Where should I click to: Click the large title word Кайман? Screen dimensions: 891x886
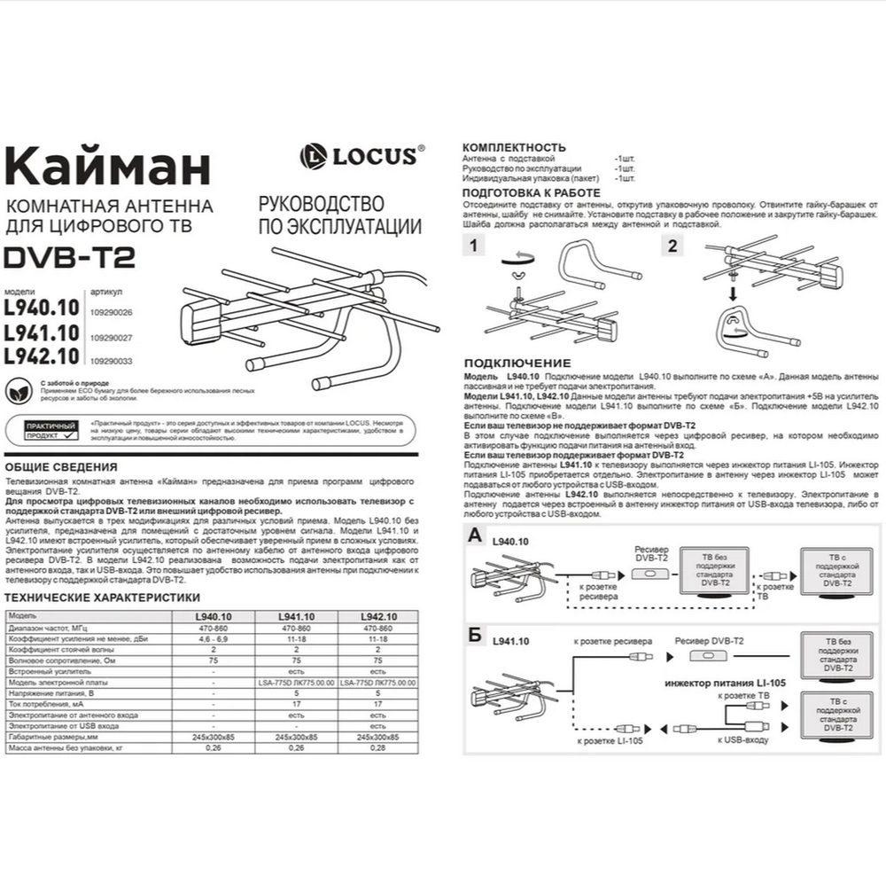point(108,168)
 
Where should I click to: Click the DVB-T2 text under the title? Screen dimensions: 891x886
point(70,257)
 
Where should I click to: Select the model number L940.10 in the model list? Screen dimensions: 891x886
point(42,308)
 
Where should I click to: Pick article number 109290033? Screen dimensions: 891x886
point(111,361)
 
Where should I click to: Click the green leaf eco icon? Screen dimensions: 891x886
point(18,387)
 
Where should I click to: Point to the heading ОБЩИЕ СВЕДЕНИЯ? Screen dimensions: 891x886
point(61,466)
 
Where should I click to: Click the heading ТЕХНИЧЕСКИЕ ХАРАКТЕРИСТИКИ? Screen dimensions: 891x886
point(103,598)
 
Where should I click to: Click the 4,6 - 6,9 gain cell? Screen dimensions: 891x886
point(213,638)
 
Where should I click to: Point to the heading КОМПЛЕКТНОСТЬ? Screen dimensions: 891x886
point(514,146)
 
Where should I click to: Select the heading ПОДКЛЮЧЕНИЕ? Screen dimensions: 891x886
point(517,363)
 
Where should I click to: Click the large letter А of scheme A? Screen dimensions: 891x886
point(475,535)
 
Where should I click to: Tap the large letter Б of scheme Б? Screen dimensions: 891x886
point(475,635)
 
